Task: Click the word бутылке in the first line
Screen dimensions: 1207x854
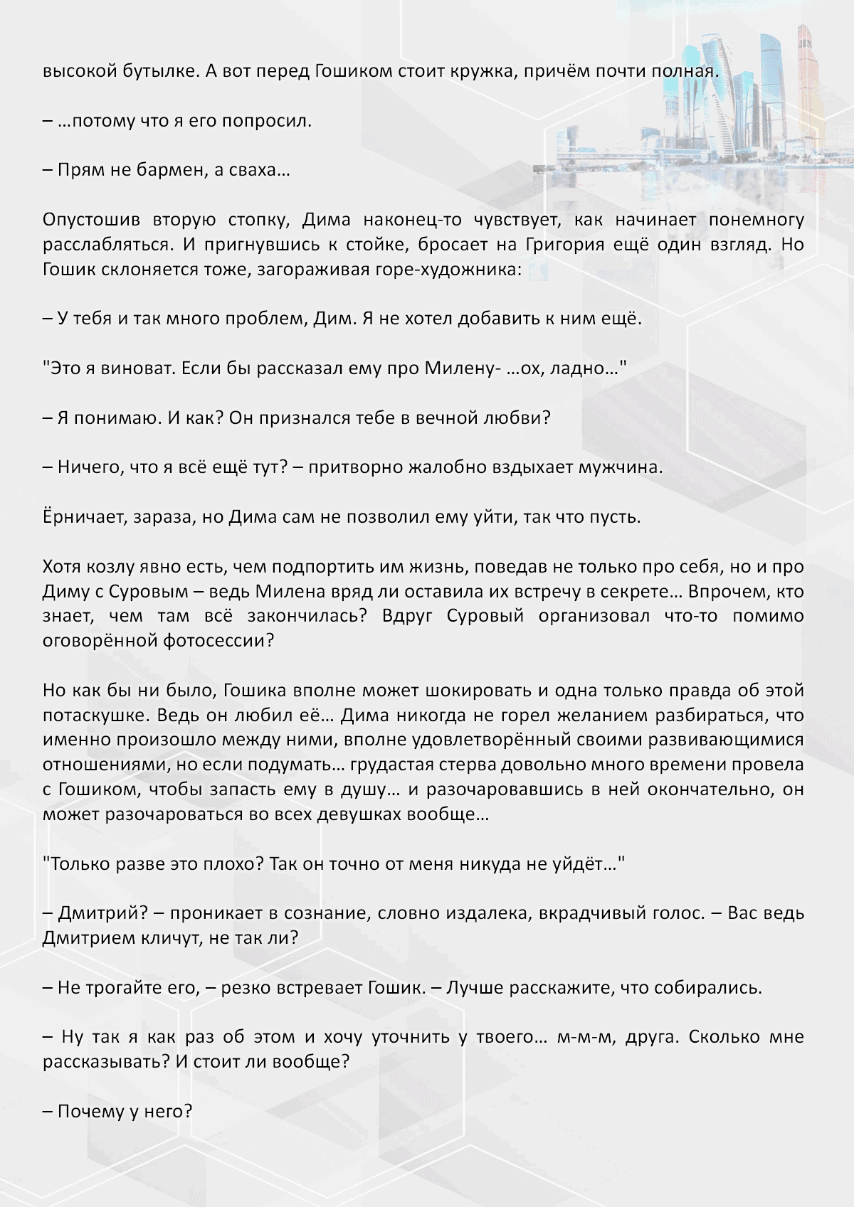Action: [151, 71]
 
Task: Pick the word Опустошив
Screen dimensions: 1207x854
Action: [92, 220]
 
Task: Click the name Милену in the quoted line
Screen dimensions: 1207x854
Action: [458, 368]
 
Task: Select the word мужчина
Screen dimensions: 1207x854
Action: [620, 467]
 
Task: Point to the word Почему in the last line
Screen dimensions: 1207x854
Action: [88, 1111]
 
